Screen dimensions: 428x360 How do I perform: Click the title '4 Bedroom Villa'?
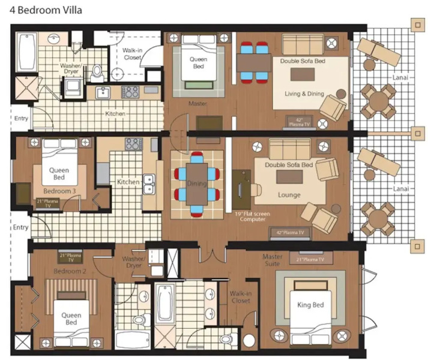[46, 10]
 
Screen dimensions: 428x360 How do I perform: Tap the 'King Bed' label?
[310, 305]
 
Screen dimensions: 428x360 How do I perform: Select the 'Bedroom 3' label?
[59, 191]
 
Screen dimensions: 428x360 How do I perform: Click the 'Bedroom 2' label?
[70, 271]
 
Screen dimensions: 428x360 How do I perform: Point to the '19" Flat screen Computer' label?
[253, 217]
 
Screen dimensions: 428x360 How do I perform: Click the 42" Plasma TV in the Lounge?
[290, 233]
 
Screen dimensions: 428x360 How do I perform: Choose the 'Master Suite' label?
[272, 260]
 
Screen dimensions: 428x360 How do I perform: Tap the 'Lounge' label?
[289, 195]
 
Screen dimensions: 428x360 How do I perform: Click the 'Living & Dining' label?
[304, 94]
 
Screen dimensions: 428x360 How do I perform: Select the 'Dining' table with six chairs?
[197, 184]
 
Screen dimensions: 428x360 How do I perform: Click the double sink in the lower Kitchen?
[148, 184]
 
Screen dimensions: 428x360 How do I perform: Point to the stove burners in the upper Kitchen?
[130, 92]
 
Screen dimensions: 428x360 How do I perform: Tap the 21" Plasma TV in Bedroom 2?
[71, 257]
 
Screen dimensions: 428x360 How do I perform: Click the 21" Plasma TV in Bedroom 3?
[47, 203]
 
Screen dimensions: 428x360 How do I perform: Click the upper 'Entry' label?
[21, 118]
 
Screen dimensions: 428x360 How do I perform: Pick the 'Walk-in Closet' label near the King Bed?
[241, 297]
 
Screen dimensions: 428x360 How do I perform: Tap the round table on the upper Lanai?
[378, 101]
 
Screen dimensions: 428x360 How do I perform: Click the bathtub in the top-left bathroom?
[26, 52]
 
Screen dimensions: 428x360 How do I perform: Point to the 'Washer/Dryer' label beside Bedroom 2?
[134, 262]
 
